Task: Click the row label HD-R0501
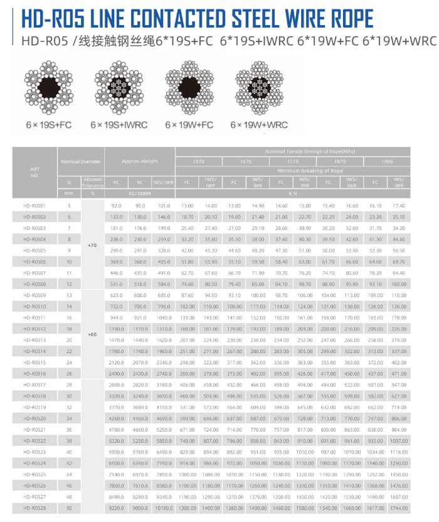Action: tap(34, 206)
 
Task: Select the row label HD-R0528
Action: tap(34, 508)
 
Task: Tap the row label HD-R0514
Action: tap(34, 351)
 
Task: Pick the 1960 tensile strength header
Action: tap(387, 161)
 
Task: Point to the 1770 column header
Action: tap(292, 161)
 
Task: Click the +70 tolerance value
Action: tap(92, 245)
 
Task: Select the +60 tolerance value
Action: tap(92, 334)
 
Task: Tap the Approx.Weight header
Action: tap(140, 161)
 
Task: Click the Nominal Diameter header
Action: tap(80, 161)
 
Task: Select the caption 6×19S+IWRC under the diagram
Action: tap(119, 125)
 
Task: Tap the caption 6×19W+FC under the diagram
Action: tap(189, 125)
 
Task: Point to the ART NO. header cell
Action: tap(34, 172)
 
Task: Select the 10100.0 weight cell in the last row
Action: tap(164, 508)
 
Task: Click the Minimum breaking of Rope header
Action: tap(292, 171)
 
